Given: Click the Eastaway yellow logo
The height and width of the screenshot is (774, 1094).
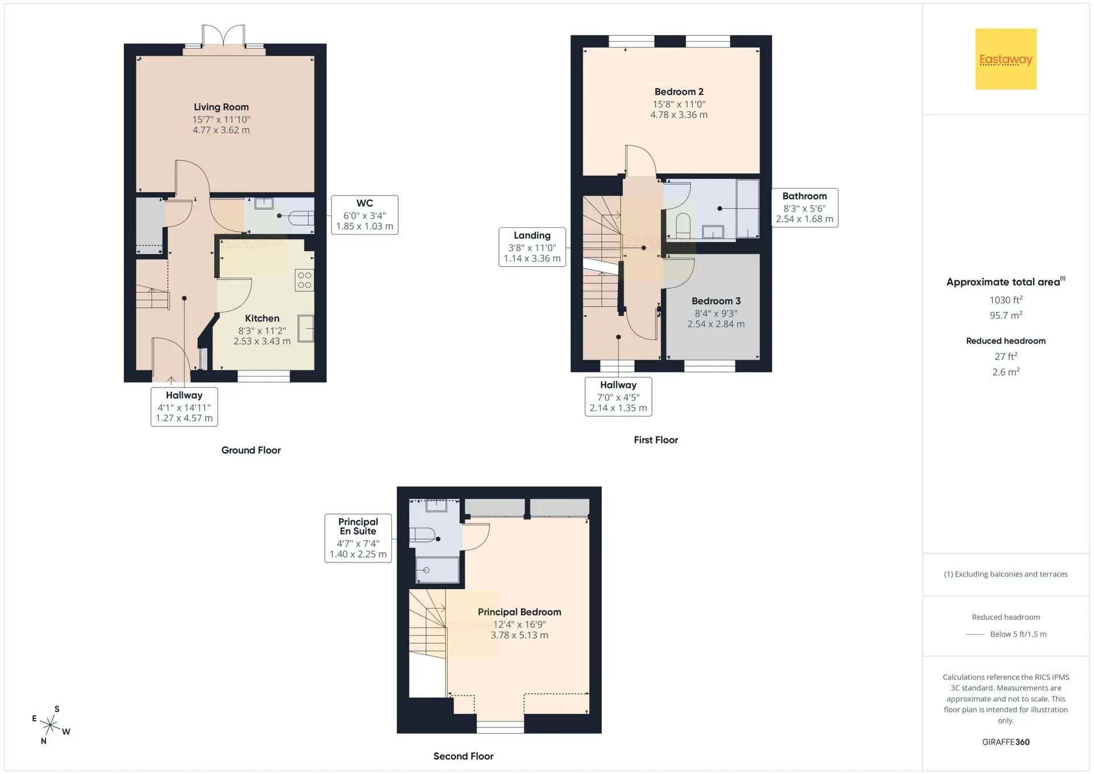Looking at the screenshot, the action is point(1006,59).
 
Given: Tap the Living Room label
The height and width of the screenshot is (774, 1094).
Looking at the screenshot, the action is point(221,107).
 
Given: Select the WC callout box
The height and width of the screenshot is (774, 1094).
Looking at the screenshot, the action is point(365,215).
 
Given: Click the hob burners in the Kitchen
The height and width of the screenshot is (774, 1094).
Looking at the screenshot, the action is point(304,280).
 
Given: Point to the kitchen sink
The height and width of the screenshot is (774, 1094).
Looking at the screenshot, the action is point(306,329).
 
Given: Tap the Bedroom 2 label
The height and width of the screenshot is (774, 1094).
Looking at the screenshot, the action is point(679,92).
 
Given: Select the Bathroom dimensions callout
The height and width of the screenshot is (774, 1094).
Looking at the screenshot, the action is point(805,208).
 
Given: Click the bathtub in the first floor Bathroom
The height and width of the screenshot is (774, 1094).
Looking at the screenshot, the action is point(748,209).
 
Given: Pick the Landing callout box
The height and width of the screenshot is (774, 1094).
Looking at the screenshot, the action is point(532,247).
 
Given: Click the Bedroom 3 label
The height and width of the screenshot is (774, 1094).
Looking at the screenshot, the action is point(716,301).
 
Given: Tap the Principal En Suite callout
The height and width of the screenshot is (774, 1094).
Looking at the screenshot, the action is point(358,538).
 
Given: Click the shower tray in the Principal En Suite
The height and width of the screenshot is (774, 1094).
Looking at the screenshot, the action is point(437,570).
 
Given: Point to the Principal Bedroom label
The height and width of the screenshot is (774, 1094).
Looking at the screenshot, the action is point(519,612).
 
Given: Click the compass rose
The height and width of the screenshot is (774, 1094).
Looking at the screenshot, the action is point(51,725).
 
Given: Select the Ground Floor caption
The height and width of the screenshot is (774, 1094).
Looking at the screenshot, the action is point(251,450).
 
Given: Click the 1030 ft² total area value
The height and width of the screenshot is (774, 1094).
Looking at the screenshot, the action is point(1006,300).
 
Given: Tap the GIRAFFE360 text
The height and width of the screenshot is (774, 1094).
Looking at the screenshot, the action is point(1006,742).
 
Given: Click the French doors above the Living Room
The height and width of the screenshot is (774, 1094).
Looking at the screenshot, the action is point(224,37).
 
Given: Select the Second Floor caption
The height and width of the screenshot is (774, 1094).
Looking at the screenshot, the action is point(463,756).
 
